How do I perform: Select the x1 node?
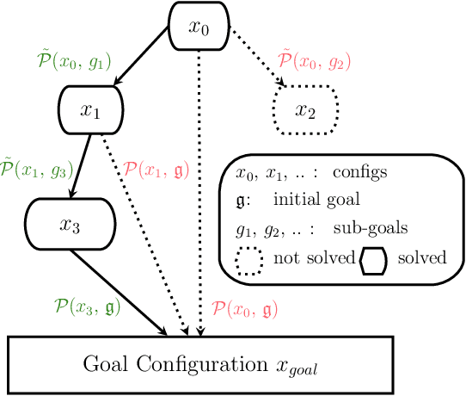coord(91,110)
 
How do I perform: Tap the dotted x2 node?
coord(305,110)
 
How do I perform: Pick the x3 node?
coord(69,226)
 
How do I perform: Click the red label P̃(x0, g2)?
coord(315,61)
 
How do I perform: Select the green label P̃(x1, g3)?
coord(36,167)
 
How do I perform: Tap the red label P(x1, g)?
coord(157,169)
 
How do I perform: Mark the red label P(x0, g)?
coord(244,306)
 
